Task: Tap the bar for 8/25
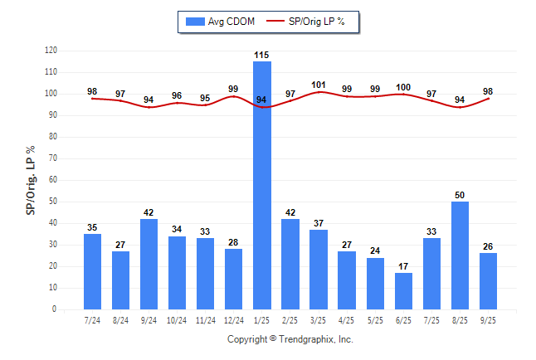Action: click(x=460, y=255)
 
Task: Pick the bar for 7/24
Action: click(x=92, y=271)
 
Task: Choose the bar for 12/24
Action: click(x=233, y=279)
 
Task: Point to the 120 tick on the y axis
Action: click(x=51, y=51)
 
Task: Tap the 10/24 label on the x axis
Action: click(x=177, y=320)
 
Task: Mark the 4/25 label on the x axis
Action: click(x=347, y=320)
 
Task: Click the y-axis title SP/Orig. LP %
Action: click(x=31, y=179)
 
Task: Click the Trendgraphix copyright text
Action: click(x=290, y=339)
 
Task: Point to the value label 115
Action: click(x=262, y=55)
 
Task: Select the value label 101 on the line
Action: click(x=319, y=84)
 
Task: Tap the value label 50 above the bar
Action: click(x=460, y=195)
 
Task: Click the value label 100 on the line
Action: click(x=403, y=87)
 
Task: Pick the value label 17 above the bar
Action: click(x=403, y=266)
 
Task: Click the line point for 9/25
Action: click(x=488, y=99)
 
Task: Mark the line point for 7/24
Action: click(x=92, y=99)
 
